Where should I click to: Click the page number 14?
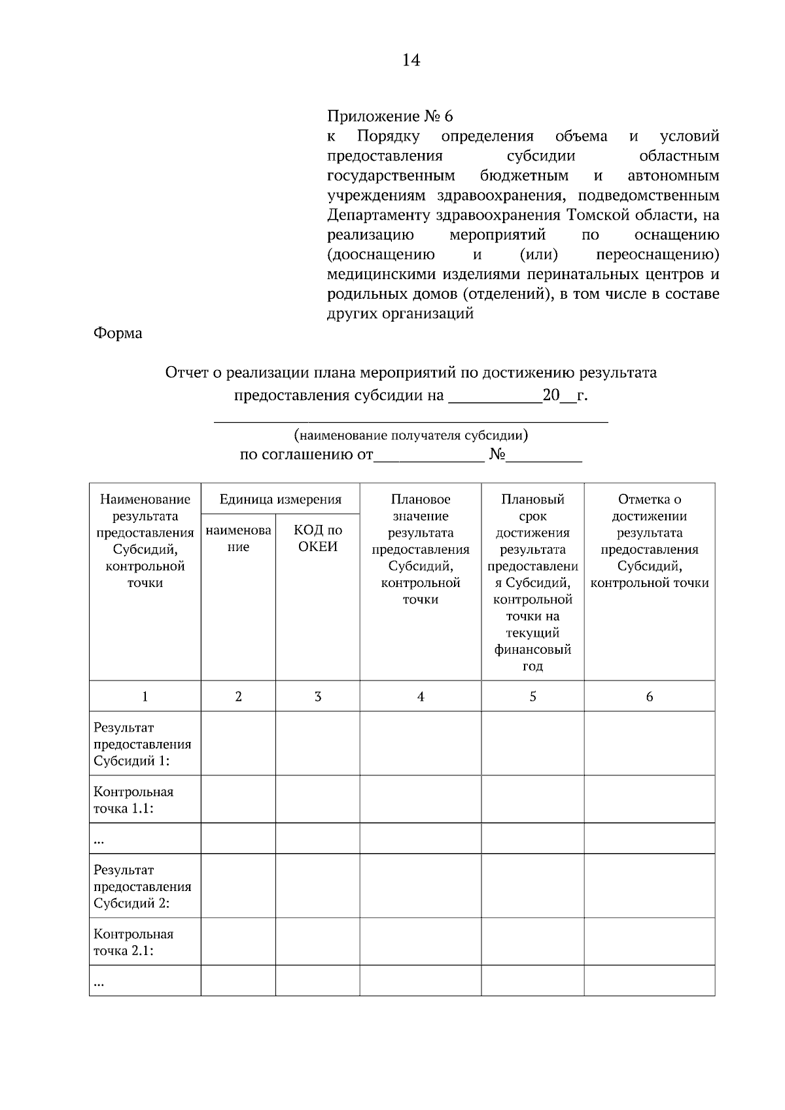(411, 61)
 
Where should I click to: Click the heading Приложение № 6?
(390, 116)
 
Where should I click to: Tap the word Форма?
(118, 333)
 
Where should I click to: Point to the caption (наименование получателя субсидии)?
(411, 435)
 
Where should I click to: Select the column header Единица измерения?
(280, 499)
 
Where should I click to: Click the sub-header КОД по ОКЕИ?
(318, 539)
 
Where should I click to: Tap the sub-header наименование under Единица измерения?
(238, 539)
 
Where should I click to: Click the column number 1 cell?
(145, 697)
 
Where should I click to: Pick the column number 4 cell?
(421, 697)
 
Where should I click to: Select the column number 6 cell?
(649, 697)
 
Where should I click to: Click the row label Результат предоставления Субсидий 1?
(143, 744)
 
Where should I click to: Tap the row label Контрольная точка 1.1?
(133, 800)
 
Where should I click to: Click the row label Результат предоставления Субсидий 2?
(143, 886)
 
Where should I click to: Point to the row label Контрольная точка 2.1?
(133, 943)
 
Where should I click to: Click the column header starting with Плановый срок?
(532, 582)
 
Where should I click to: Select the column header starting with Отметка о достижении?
(649, 541)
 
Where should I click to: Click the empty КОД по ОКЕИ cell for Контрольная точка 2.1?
(318, 942)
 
